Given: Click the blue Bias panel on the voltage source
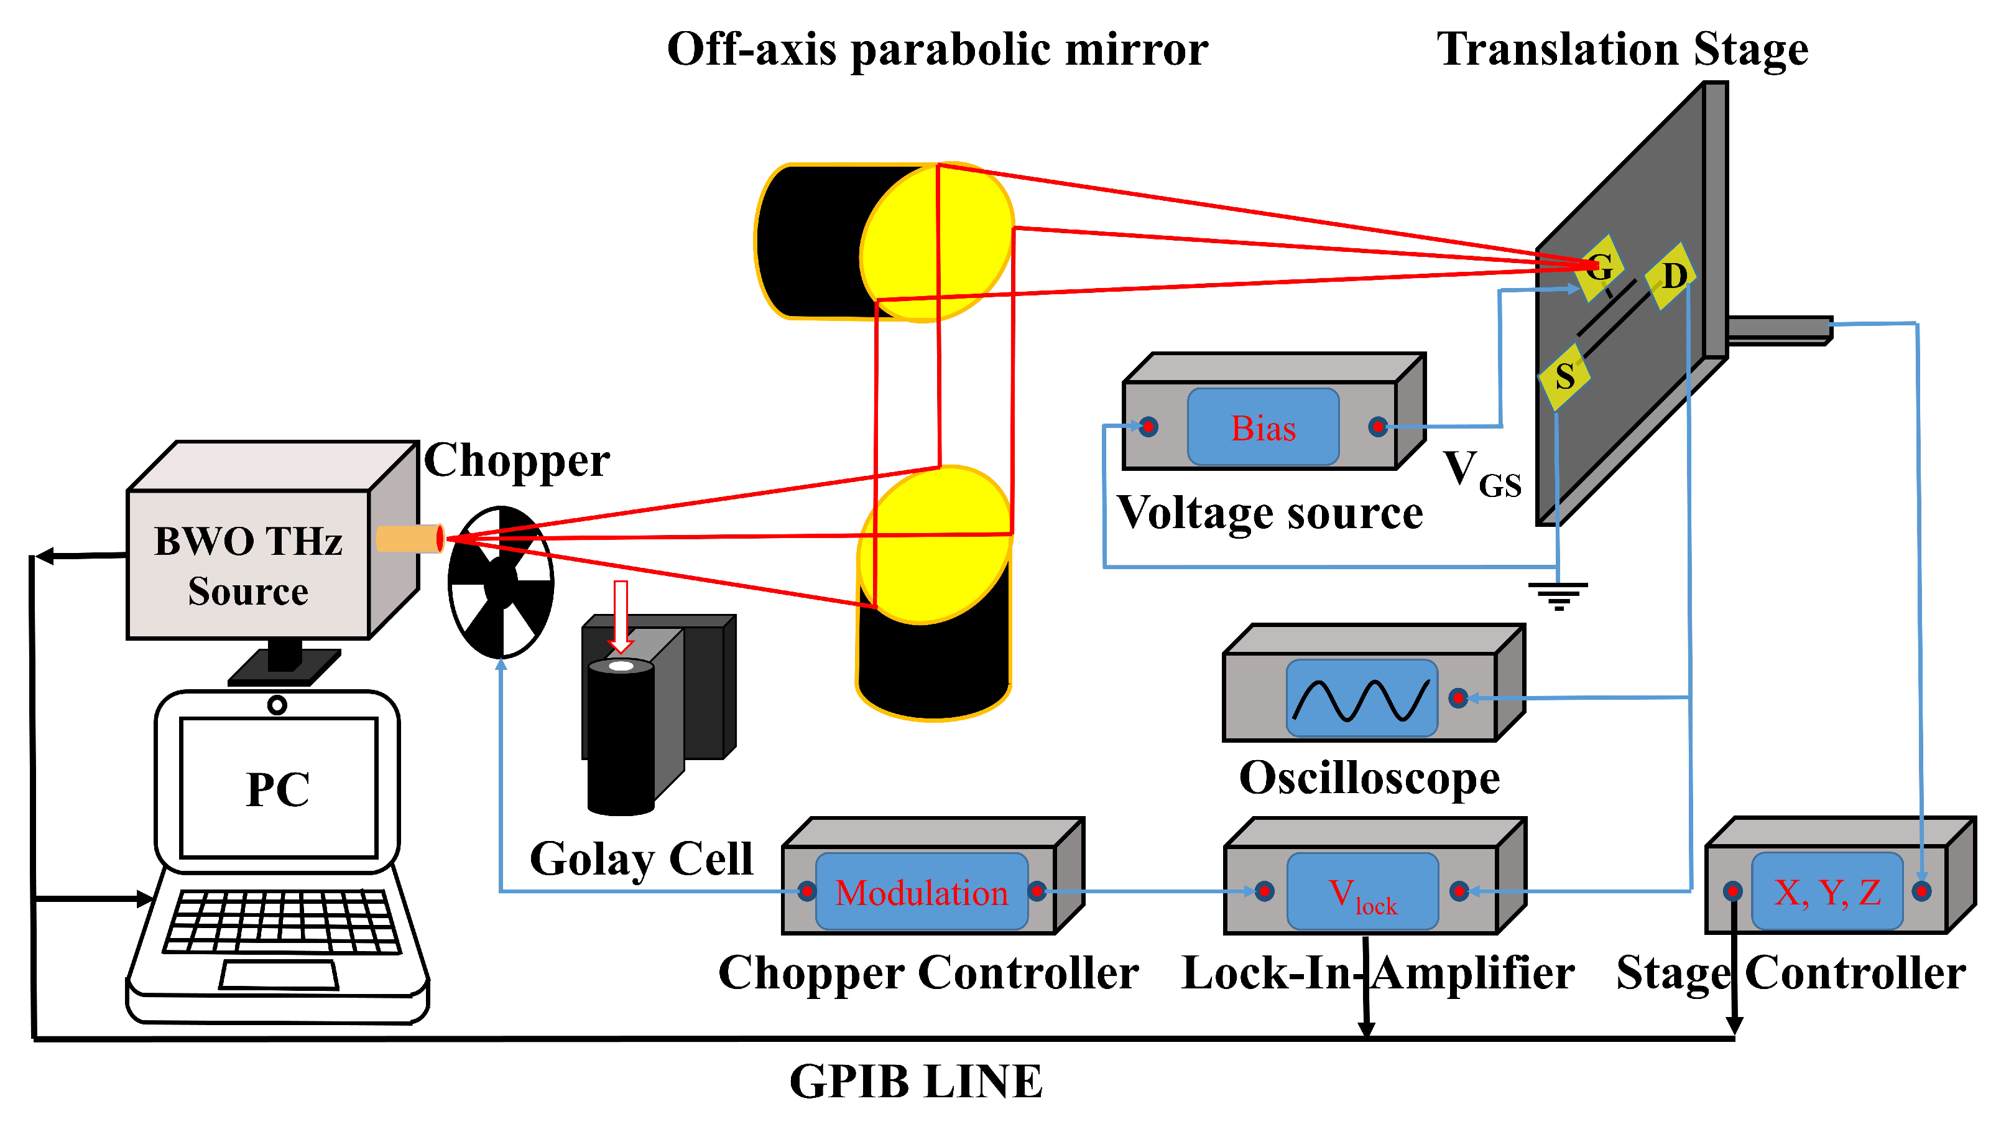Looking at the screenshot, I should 1263,427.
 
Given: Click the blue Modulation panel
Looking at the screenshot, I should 922,892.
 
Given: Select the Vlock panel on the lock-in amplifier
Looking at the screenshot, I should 1362,892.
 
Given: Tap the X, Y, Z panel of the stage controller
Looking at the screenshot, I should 1826,892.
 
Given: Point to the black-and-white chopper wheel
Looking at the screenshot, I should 501,582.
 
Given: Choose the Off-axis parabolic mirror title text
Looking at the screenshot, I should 937,50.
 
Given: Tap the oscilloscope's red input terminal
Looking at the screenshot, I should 1458,699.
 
